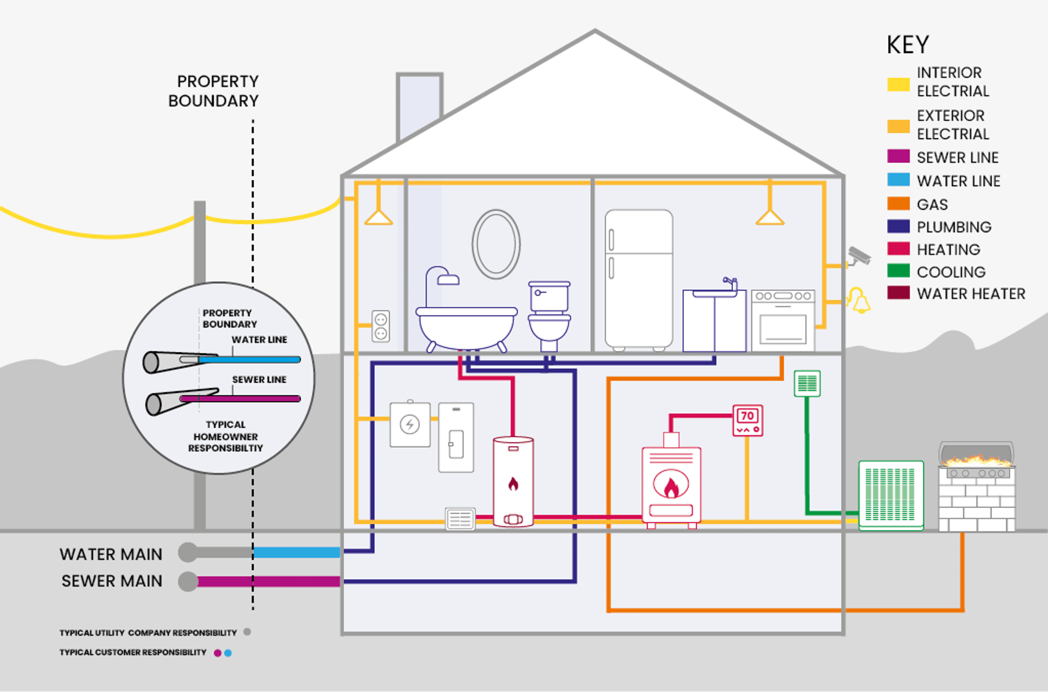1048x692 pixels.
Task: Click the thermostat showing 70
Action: [748, 420]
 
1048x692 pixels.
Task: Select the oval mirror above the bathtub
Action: [496, 244]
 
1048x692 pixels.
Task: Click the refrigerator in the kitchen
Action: [639, 279]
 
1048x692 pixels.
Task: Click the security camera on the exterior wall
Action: [859, 256]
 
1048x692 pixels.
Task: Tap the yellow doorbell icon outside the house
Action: [860, 301]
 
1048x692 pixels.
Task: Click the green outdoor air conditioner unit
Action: [891, 495]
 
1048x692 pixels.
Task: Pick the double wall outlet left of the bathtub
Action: [381, 327]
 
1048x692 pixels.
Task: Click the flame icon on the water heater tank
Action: [513, 483]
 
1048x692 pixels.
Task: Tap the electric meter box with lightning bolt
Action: [410, 424]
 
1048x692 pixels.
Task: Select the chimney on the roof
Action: [419, 105]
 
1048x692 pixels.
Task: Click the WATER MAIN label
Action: [111, 554]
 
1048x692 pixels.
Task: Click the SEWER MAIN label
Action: [112, 581]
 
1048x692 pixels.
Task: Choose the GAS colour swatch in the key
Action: [898, 204]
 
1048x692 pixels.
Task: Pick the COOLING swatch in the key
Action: [898, 271]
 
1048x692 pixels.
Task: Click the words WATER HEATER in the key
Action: [971, 294]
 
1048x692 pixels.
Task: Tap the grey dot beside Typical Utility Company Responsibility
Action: [247, 632]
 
